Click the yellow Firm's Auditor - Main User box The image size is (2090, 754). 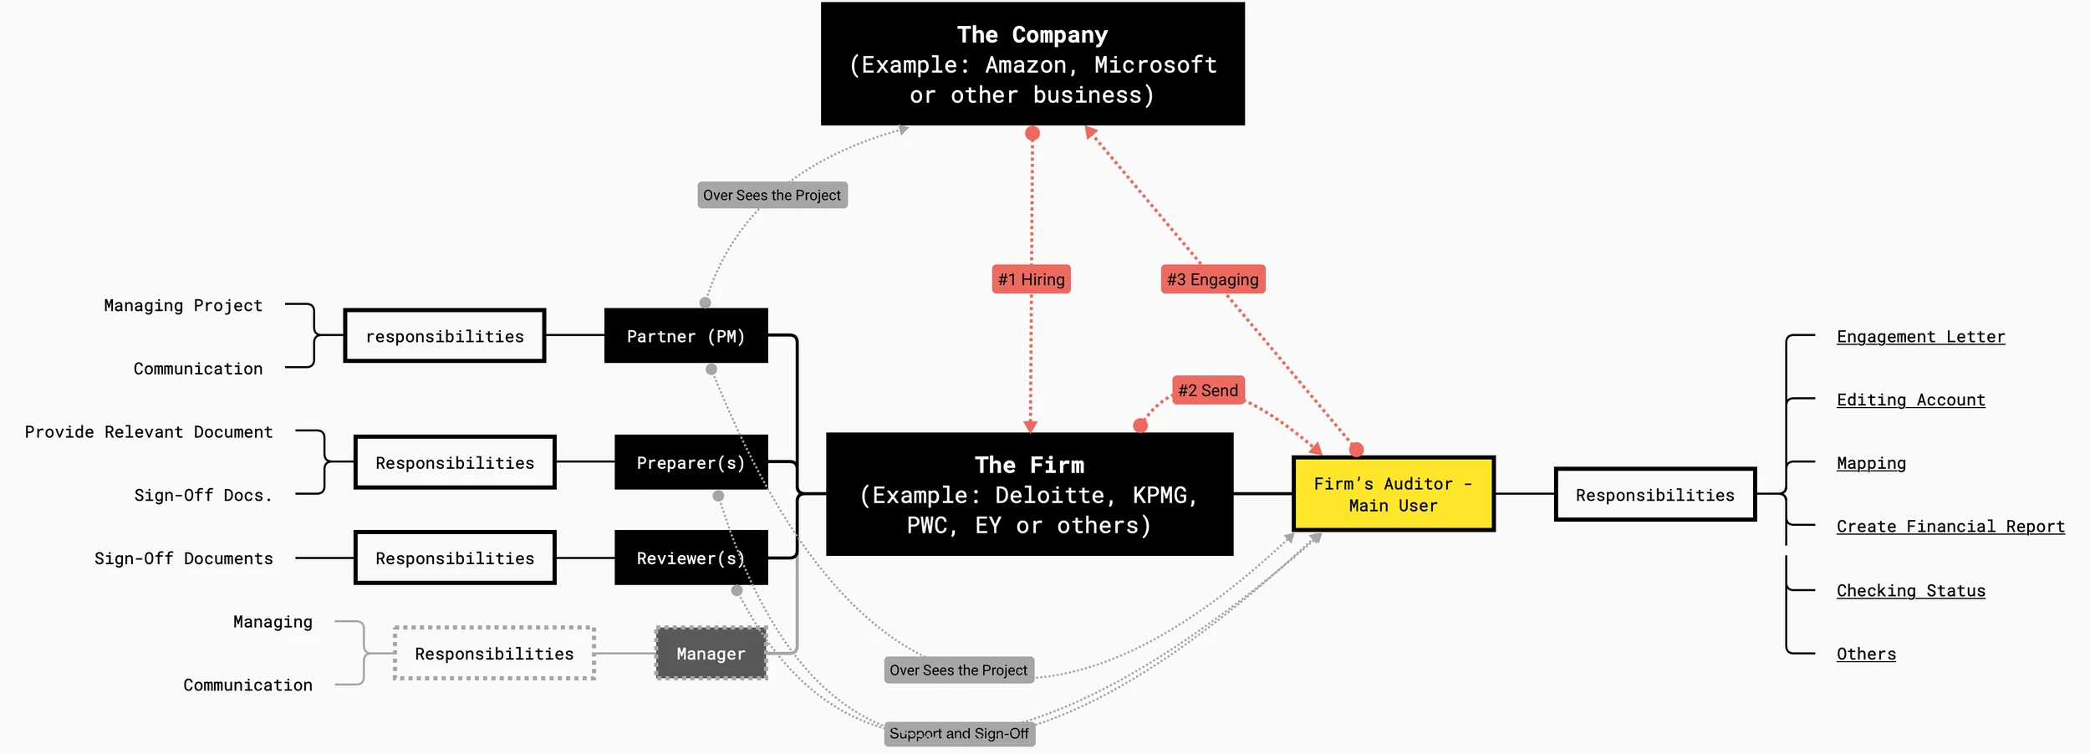point(1393,494)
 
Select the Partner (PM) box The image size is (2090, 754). point(686,336)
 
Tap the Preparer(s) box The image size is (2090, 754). point(691,462)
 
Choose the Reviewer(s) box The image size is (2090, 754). point(691,558)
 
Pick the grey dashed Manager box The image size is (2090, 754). point(711,653)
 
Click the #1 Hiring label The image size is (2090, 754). point(1031,279)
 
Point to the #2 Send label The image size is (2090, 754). point(1208,390)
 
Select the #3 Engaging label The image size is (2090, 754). point(1212,279)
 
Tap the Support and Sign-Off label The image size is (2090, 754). point(959,733)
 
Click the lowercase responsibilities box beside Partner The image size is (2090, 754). point(445,336)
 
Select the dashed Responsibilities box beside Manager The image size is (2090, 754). point(494,653)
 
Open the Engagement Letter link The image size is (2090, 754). point(1920,337)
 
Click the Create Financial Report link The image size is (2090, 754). point(1950,527)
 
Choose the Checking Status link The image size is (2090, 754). point(1910,591)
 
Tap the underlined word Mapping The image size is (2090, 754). point(1871,463)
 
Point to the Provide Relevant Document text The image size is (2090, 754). point(149,432)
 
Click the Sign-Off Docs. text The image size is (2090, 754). point(203,496)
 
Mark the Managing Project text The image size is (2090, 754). point(183,306)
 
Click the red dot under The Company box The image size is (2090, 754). point(1032,134)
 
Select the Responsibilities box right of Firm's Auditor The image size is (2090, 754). point(1654,495)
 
